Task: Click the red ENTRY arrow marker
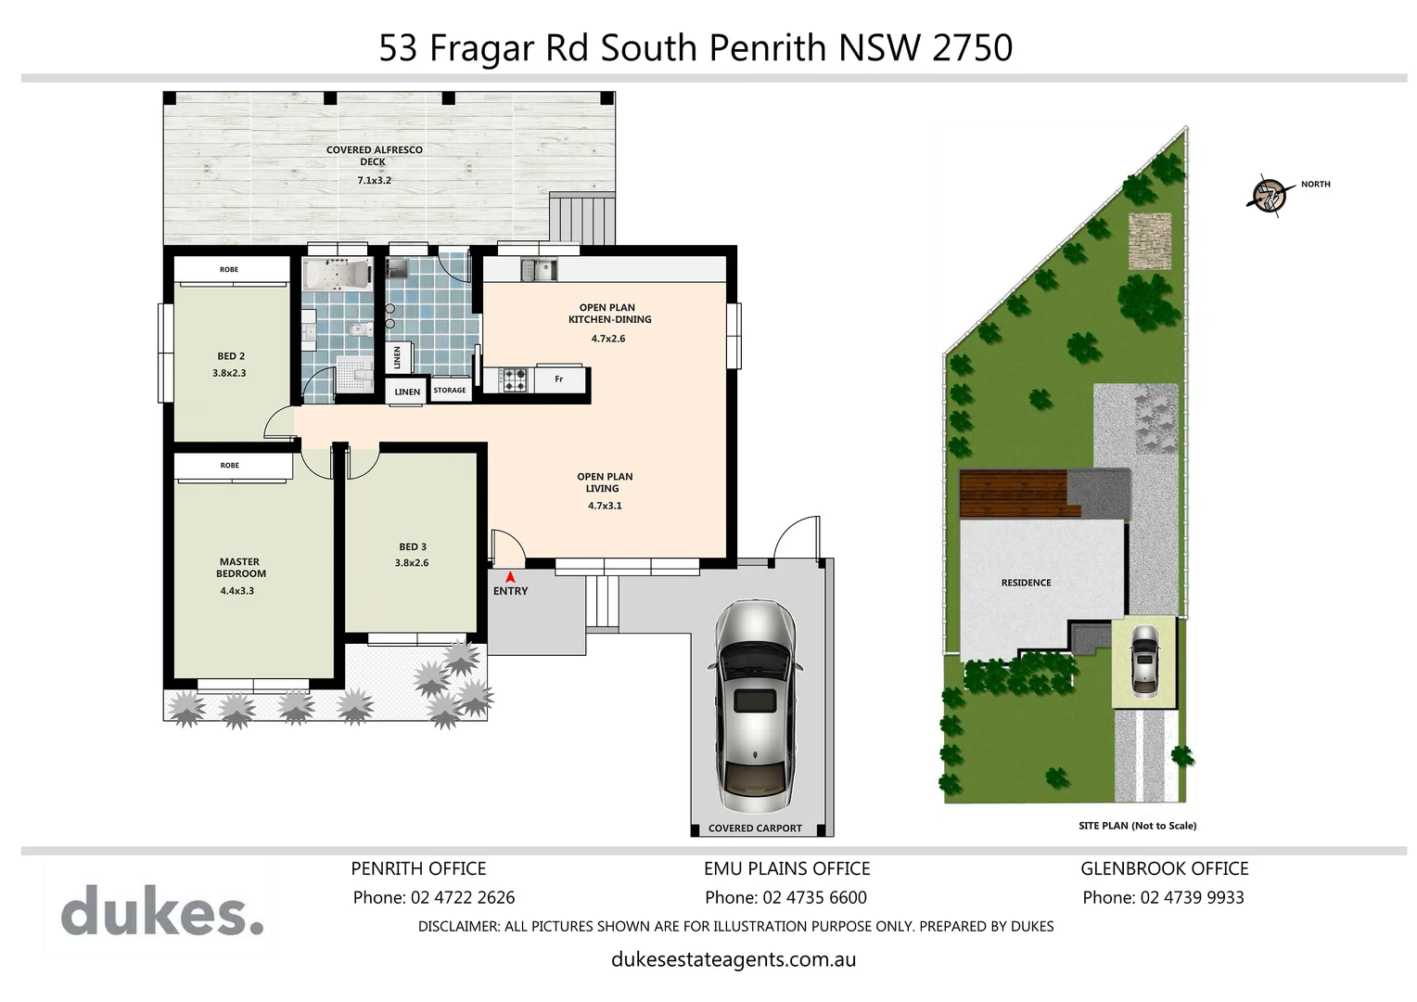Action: [510, 576]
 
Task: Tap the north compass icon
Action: [1267, 196]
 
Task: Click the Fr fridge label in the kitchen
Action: [558, 379]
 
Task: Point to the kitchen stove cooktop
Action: [516, 379]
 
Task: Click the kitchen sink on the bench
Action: [538, 270]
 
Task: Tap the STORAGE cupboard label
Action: [450, 391]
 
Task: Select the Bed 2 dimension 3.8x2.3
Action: [229, 373]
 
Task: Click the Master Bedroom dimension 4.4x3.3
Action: [236, 590]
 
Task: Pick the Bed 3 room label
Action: [413, 546]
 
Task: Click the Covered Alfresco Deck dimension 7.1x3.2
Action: [374, 180]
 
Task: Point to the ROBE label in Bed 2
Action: [229, 269]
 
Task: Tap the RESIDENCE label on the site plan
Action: [1026, 583]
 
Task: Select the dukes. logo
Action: [162, 910]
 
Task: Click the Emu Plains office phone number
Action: [814, 897]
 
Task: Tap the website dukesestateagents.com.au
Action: [734, 959]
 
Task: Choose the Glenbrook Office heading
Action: [1164, 868]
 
